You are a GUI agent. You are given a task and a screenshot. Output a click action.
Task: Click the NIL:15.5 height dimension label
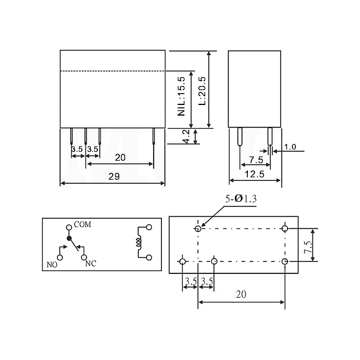[181, 96]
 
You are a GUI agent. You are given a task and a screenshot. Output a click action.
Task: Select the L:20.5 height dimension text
[202, 91]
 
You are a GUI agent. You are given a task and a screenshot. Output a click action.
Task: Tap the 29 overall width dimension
[114, 176]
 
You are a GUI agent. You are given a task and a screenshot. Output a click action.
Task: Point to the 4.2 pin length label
[187, 136]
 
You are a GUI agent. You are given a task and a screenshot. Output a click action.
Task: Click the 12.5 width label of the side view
[254, 174]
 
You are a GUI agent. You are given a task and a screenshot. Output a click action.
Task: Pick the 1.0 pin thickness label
[290, 146]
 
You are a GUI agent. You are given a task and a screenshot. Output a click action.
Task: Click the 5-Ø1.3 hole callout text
[241, 199]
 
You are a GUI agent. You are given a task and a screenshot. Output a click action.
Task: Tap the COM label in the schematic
[82, 224]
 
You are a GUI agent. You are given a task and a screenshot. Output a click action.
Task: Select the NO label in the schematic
[52, 265]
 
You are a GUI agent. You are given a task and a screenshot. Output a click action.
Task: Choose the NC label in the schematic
[91, 263]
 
